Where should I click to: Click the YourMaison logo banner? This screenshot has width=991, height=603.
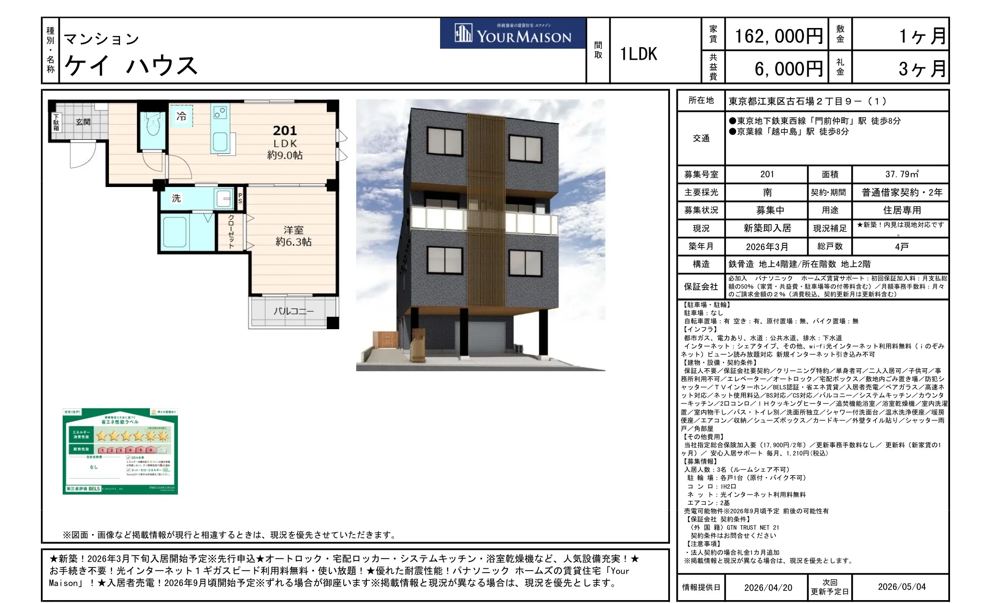513,34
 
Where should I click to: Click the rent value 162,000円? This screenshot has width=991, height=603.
777,36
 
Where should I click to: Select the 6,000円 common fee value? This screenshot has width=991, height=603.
788,69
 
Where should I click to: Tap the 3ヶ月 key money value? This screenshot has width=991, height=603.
922,69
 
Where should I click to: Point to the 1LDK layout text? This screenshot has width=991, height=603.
638,54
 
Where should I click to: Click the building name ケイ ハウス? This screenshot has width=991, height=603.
131,65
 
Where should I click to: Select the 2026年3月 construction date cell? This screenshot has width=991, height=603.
766,247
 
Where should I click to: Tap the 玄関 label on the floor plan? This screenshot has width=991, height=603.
83,122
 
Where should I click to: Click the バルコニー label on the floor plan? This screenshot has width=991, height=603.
293,311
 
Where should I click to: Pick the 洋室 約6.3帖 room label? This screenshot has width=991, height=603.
293,236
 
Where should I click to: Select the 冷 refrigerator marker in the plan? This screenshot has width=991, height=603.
181,116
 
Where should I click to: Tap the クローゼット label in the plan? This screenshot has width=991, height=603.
231,232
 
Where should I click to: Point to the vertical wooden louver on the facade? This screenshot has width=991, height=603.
486,207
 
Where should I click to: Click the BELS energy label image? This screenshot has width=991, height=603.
120,451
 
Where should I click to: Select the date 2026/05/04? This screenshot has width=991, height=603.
901,587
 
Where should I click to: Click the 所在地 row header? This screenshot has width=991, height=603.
701,100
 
